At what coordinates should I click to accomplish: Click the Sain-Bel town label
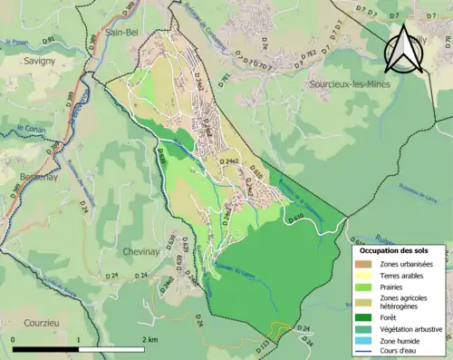(x=120, y=31)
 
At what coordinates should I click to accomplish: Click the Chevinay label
(x=142, y=251)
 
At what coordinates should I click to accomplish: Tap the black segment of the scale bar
(x=45, y=349)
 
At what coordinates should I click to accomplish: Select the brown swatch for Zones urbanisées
(x=363, y=264)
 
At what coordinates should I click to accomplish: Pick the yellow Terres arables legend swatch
(x=363, y=276)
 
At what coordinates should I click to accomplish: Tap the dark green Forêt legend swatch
(x=363, y=316)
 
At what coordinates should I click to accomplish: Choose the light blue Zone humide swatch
(x=363, y=340)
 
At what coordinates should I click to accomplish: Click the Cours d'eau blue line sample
(x=363, y=352)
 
